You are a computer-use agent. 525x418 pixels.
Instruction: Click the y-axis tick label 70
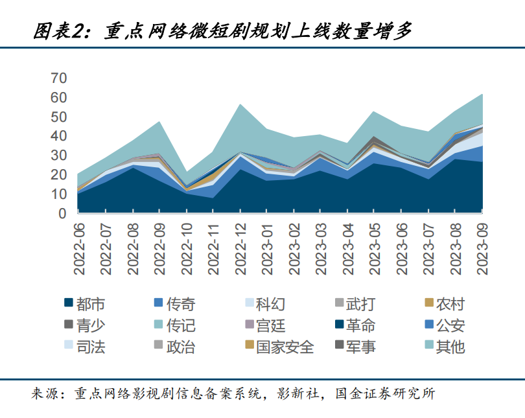tap(58, 78)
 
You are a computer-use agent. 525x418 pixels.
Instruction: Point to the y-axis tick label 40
tap(58, 136)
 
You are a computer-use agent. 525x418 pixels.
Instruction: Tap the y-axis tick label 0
tap(62, 213)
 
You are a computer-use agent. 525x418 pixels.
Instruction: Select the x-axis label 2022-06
tap(78, 248)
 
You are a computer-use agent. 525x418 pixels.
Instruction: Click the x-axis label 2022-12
tap(241, 248)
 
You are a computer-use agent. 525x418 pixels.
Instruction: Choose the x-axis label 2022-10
tap(187, 248)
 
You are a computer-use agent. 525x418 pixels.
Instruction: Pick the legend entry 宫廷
tap(270, 325)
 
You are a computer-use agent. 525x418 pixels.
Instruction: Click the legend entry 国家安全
tap(285, 347)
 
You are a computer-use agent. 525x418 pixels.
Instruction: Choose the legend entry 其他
tap(450, 347)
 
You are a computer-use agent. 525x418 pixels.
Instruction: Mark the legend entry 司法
tap(90, 347)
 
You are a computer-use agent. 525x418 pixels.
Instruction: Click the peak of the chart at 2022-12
tap(241, 104)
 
